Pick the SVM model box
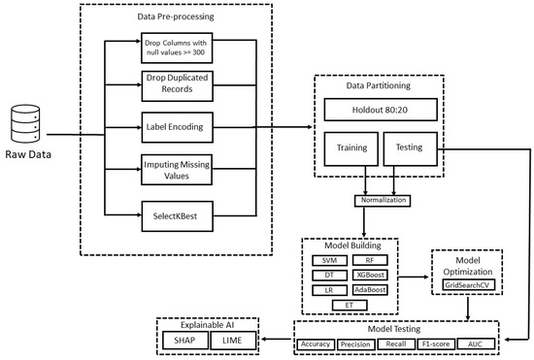(x=329, y=260)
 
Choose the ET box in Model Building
(x=350, y=305)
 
